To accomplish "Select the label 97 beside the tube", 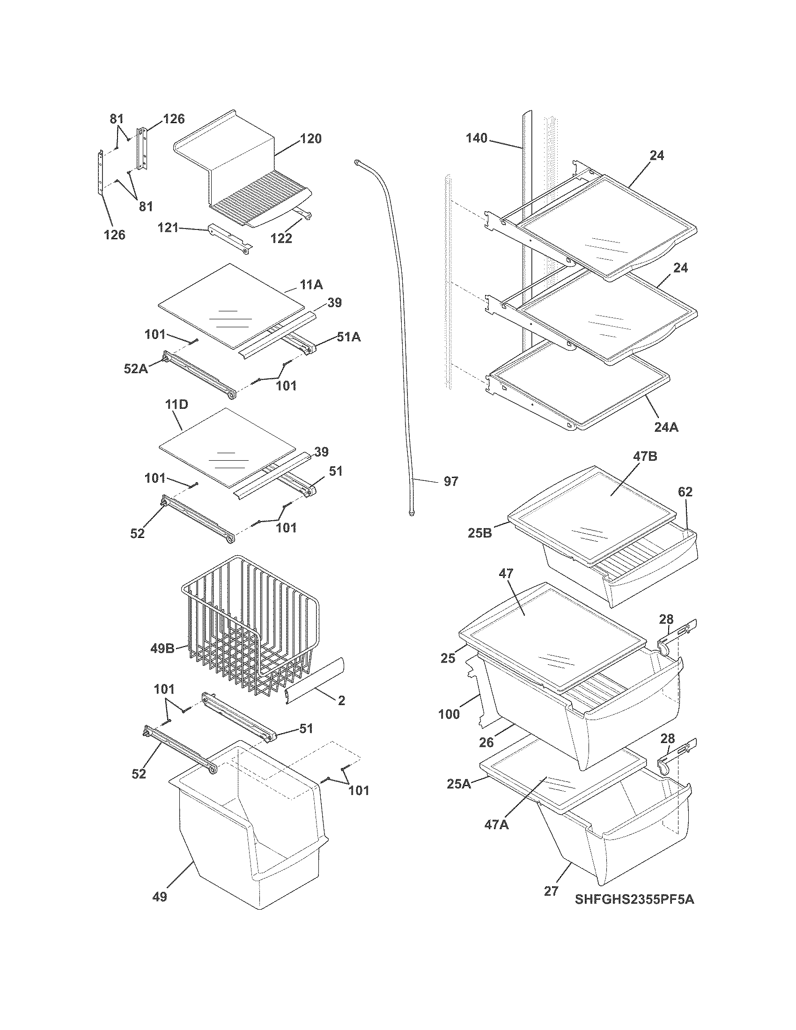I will (x=451, y=481).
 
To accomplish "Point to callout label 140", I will (x=476, y=138).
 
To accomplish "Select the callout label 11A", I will (x=312, y=284).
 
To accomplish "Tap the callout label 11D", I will (x=177, y=404).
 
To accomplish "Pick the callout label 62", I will (x=685, y=492).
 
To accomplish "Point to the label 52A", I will (x=135, y=369).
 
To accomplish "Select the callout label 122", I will (x=281, y=238).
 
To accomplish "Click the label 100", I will (x=449, y=714).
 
